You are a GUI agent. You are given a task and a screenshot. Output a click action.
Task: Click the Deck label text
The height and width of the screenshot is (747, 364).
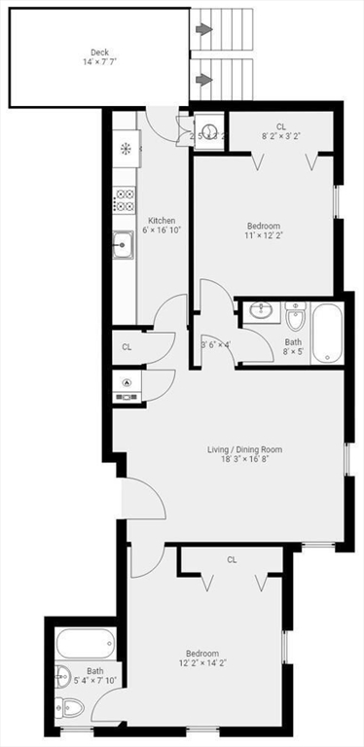tap(99, 53)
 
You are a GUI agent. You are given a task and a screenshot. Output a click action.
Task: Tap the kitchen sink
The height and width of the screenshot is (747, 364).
tap(123, 246)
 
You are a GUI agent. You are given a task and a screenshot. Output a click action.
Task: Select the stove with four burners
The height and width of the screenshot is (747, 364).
tap(124, 199)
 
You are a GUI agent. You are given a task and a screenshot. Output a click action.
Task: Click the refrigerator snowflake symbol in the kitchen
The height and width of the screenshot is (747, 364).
tap(125, 149)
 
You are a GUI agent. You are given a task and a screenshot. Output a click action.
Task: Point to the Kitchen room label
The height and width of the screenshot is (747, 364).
tap(162, 221)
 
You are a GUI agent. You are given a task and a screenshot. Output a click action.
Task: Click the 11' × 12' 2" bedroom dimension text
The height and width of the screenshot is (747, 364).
tap(265, 234)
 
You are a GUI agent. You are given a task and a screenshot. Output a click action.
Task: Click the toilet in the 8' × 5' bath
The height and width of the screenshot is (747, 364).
tap(296, 317)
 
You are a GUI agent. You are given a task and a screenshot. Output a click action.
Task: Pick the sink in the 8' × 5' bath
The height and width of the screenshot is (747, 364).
tap(261, 311)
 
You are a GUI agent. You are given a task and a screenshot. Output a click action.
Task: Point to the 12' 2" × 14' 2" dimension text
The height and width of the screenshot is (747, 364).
tap(203, 664)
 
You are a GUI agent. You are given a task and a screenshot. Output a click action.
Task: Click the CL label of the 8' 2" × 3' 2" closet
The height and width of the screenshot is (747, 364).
tap(281, 126)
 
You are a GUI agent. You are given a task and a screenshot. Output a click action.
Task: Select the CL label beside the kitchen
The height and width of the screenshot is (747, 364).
tap(127, 346)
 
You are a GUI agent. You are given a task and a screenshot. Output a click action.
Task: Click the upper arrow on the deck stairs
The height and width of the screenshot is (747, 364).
tap(203, 30)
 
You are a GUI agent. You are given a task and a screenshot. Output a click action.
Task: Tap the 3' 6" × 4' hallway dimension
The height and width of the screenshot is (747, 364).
tap(215, 343)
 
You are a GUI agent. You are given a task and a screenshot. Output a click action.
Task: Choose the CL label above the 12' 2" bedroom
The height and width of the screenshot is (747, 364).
tap(232, 559)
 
